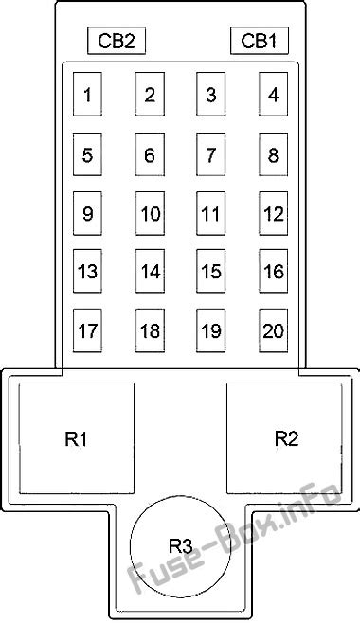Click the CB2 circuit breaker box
tap(117, 40)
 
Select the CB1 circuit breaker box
tap(259, 40)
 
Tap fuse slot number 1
tap(87, 94)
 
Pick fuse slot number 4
tap(274, 94)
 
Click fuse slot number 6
tap(150, 154)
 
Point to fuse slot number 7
tap(211, 154)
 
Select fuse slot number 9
tap(87, 213)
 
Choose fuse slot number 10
tap(150, 213)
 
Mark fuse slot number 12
tap(274, 213)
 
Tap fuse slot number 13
tap(87, 271)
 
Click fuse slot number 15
tap(211, 271)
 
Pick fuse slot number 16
tap(274, 271)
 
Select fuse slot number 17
tap(87, 330)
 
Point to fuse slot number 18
tap(150, 330)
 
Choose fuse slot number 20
tap(274, 330)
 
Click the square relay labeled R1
tap(77, 438)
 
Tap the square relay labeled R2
tap(284, 438)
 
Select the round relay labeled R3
tap(181, 546)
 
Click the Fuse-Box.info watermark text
tap(234, 539)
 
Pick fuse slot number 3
tap(211, 94)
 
